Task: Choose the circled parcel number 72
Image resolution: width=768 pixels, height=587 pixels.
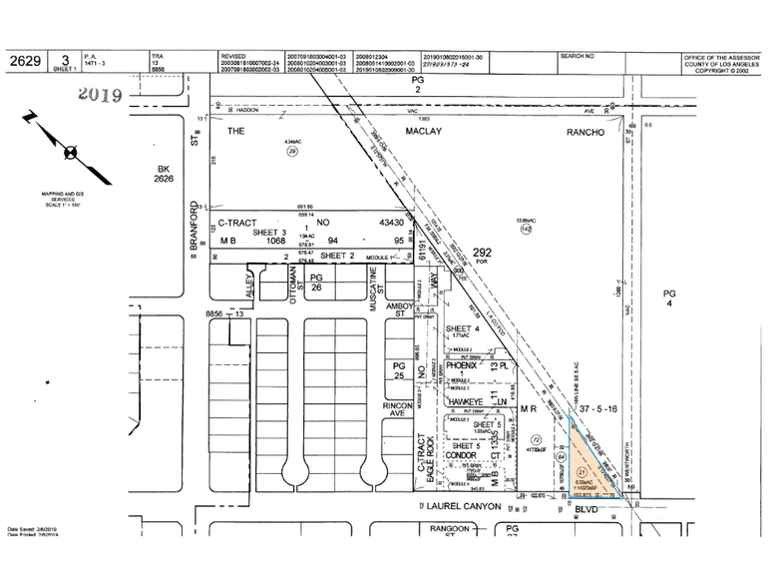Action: coord(536,439)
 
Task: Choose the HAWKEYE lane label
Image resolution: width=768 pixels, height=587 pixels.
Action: coord(470,401)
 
